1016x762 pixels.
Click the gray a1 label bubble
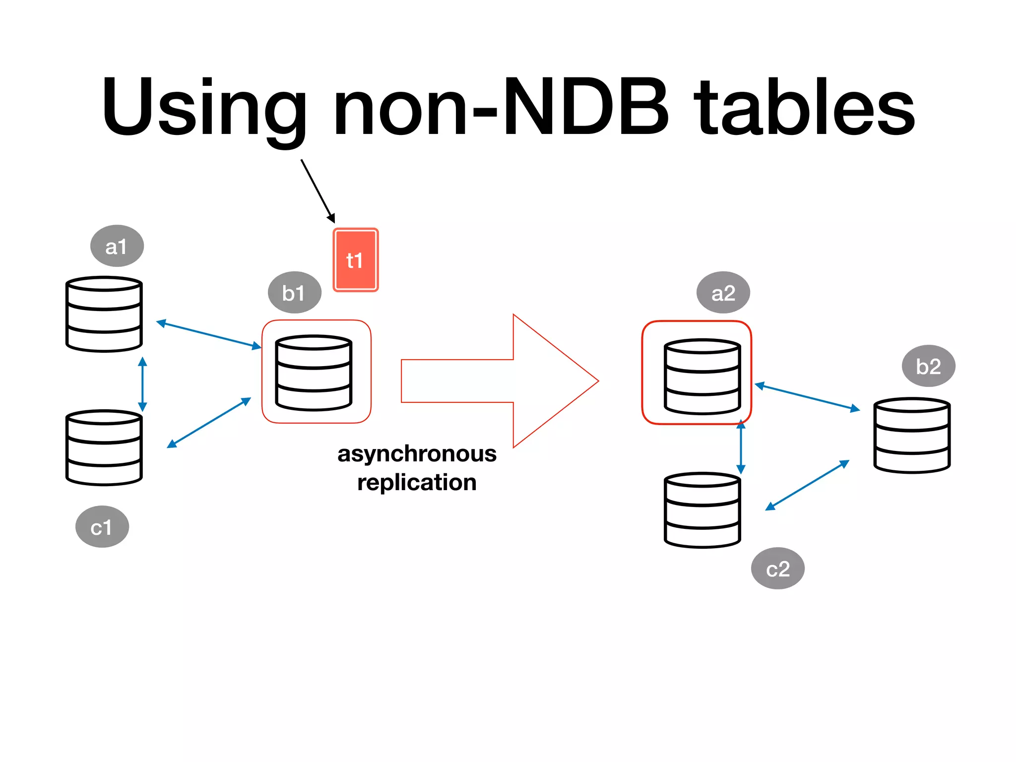click(x=117, y=246)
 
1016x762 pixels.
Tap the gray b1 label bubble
click(x=294, y=293)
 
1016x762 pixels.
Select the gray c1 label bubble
click(x=102, y=527)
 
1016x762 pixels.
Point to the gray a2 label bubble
click(x=723, y=293)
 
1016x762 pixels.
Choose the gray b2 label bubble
click(x=928, y=366)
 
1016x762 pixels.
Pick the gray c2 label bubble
click(x=777, y=569)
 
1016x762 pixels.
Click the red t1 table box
click(x=355, y=260)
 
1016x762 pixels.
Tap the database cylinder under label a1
click(x=104, y=314)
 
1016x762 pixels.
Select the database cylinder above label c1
click(x=104, y=447)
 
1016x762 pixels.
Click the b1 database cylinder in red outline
click(x=314, y=373)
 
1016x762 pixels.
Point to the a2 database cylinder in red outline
click(x=702, y=377)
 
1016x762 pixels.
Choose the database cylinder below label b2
click(x=912, y=435)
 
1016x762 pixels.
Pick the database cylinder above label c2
click(x=702, y=510)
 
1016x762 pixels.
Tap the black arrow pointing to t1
click(x=317, y=190)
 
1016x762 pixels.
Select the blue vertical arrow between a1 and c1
click(x=142, y=384)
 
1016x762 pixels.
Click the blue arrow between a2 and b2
click(x=807, y=397)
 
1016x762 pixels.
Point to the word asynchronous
click(x=417, y=454)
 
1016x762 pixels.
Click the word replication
click(x=417, y=483)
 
